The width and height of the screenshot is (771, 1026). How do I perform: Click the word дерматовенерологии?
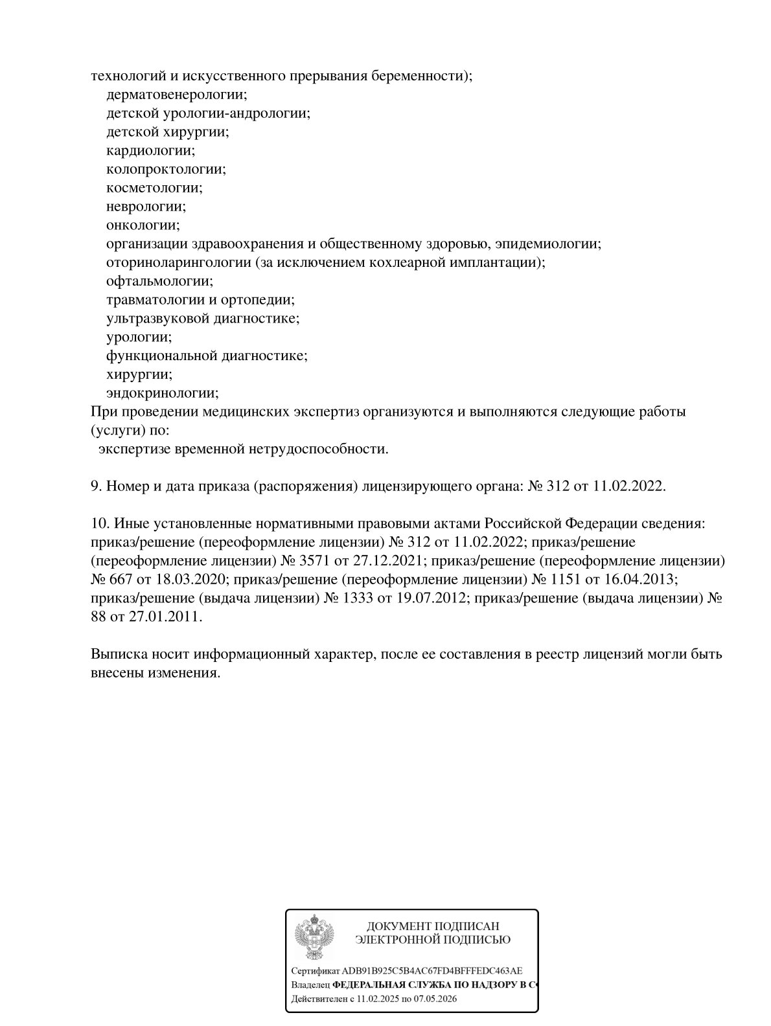[176, 95]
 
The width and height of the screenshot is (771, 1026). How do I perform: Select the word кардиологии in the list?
[150, 150]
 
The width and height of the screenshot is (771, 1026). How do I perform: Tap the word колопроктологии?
[165, 169]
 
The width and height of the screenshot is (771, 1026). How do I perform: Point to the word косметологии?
[154, 188]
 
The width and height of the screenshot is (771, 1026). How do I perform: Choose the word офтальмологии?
[159, 281]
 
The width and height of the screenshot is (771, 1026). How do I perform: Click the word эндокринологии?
[161, 393]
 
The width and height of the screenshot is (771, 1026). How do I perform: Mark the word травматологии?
[155, 300]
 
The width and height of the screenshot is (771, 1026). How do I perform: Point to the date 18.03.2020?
[189, 578]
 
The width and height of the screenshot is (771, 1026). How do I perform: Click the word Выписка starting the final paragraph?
[117, 654]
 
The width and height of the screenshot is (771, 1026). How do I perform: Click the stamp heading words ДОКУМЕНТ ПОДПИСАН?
[433, 926]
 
